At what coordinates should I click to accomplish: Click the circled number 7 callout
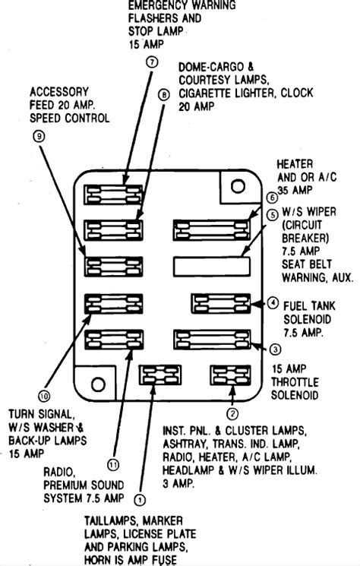(x=152, y=62)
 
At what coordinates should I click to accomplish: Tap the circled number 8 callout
(x=163, y=95)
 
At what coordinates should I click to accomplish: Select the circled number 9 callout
(x=39, y=136)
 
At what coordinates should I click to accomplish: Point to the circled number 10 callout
(x=44, y=397)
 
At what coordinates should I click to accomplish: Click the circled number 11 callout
(x=113, y=464)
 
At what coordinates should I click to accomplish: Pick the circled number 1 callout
(x=140, y=500)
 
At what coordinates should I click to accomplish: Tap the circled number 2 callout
(x=232, y=413)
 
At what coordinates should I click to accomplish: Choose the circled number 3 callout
(x=275, y=349)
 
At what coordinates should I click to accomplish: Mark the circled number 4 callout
(x=273, y=303)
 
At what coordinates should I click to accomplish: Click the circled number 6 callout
(x=272, y=198)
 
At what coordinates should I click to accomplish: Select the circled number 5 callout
(x=273, y=215)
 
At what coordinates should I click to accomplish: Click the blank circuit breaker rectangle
(x=212, y=267)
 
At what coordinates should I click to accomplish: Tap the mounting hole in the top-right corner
(x=238, y=186)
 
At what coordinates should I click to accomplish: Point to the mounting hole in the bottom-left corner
(x=98, y=384)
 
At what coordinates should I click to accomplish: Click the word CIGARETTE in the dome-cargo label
(x=206, y=93)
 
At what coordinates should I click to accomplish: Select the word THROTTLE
(x=295, y=382)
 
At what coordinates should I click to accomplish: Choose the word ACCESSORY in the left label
(x=59, y=92)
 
